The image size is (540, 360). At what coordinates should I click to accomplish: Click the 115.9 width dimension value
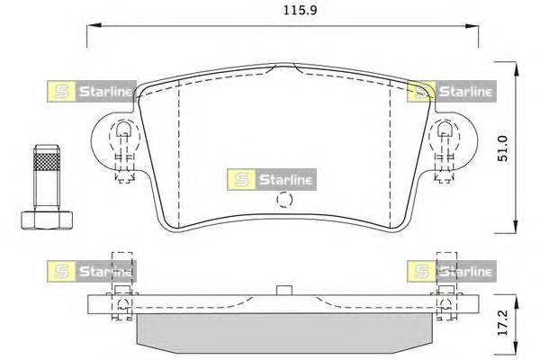300,10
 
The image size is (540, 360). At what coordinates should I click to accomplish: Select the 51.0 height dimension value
503,148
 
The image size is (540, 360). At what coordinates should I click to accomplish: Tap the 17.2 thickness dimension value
503,322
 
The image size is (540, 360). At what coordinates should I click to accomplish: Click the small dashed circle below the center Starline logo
284,200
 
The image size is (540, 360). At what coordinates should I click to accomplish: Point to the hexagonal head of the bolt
47,220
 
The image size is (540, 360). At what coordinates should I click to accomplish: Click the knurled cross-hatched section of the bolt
47,161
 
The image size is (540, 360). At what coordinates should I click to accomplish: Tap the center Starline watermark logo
272,179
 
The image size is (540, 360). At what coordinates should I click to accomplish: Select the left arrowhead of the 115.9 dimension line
94,25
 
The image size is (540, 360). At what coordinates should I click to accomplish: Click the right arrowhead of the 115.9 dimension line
471,26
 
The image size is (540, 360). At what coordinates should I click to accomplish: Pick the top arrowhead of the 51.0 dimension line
516,69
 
